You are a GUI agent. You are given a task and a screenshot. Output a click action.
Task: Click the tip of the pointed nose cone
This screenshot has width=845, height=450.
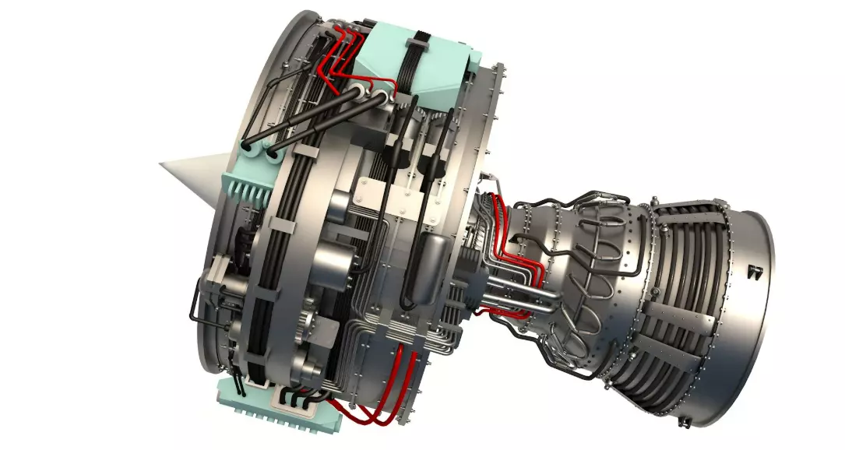(x=162, y=165)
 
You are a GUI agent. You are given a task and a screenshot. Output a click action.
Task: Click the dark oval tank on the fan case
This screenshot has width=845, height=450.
(x=426, y=269)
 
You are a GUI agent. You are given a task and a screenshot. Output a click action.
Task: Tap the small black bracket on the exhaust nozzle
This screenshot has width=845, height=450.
(x=753, y=272)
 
